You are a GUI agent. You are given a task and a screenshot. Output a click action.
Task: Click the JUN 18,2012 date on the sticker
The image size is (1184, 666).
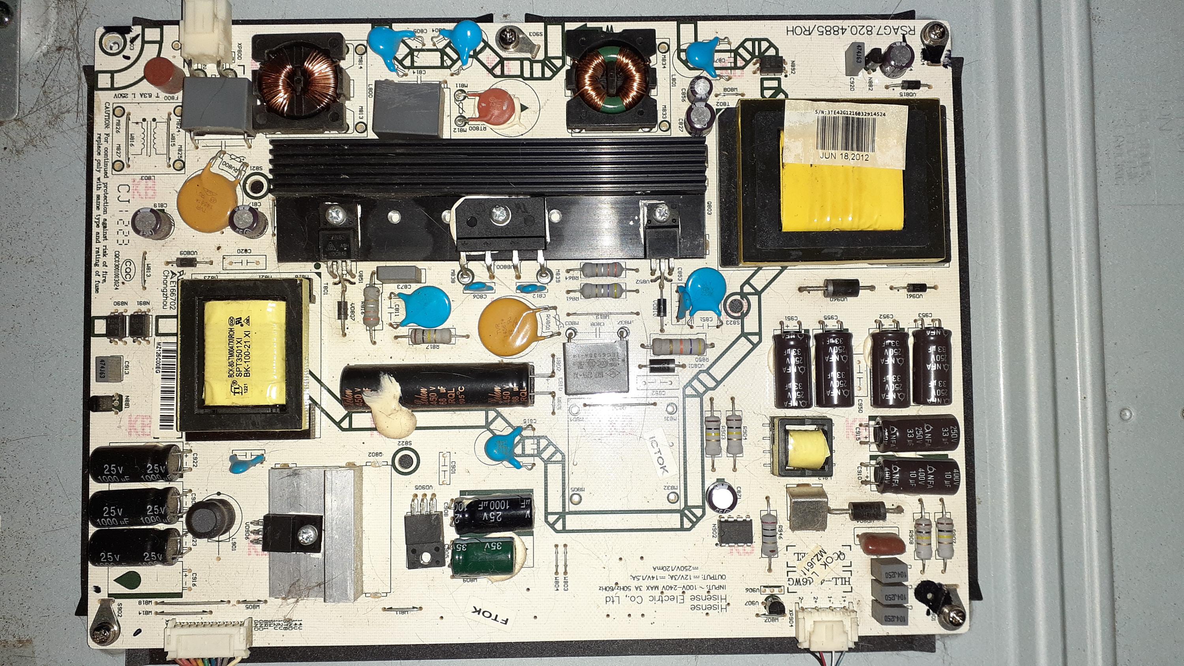[844, 156]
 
